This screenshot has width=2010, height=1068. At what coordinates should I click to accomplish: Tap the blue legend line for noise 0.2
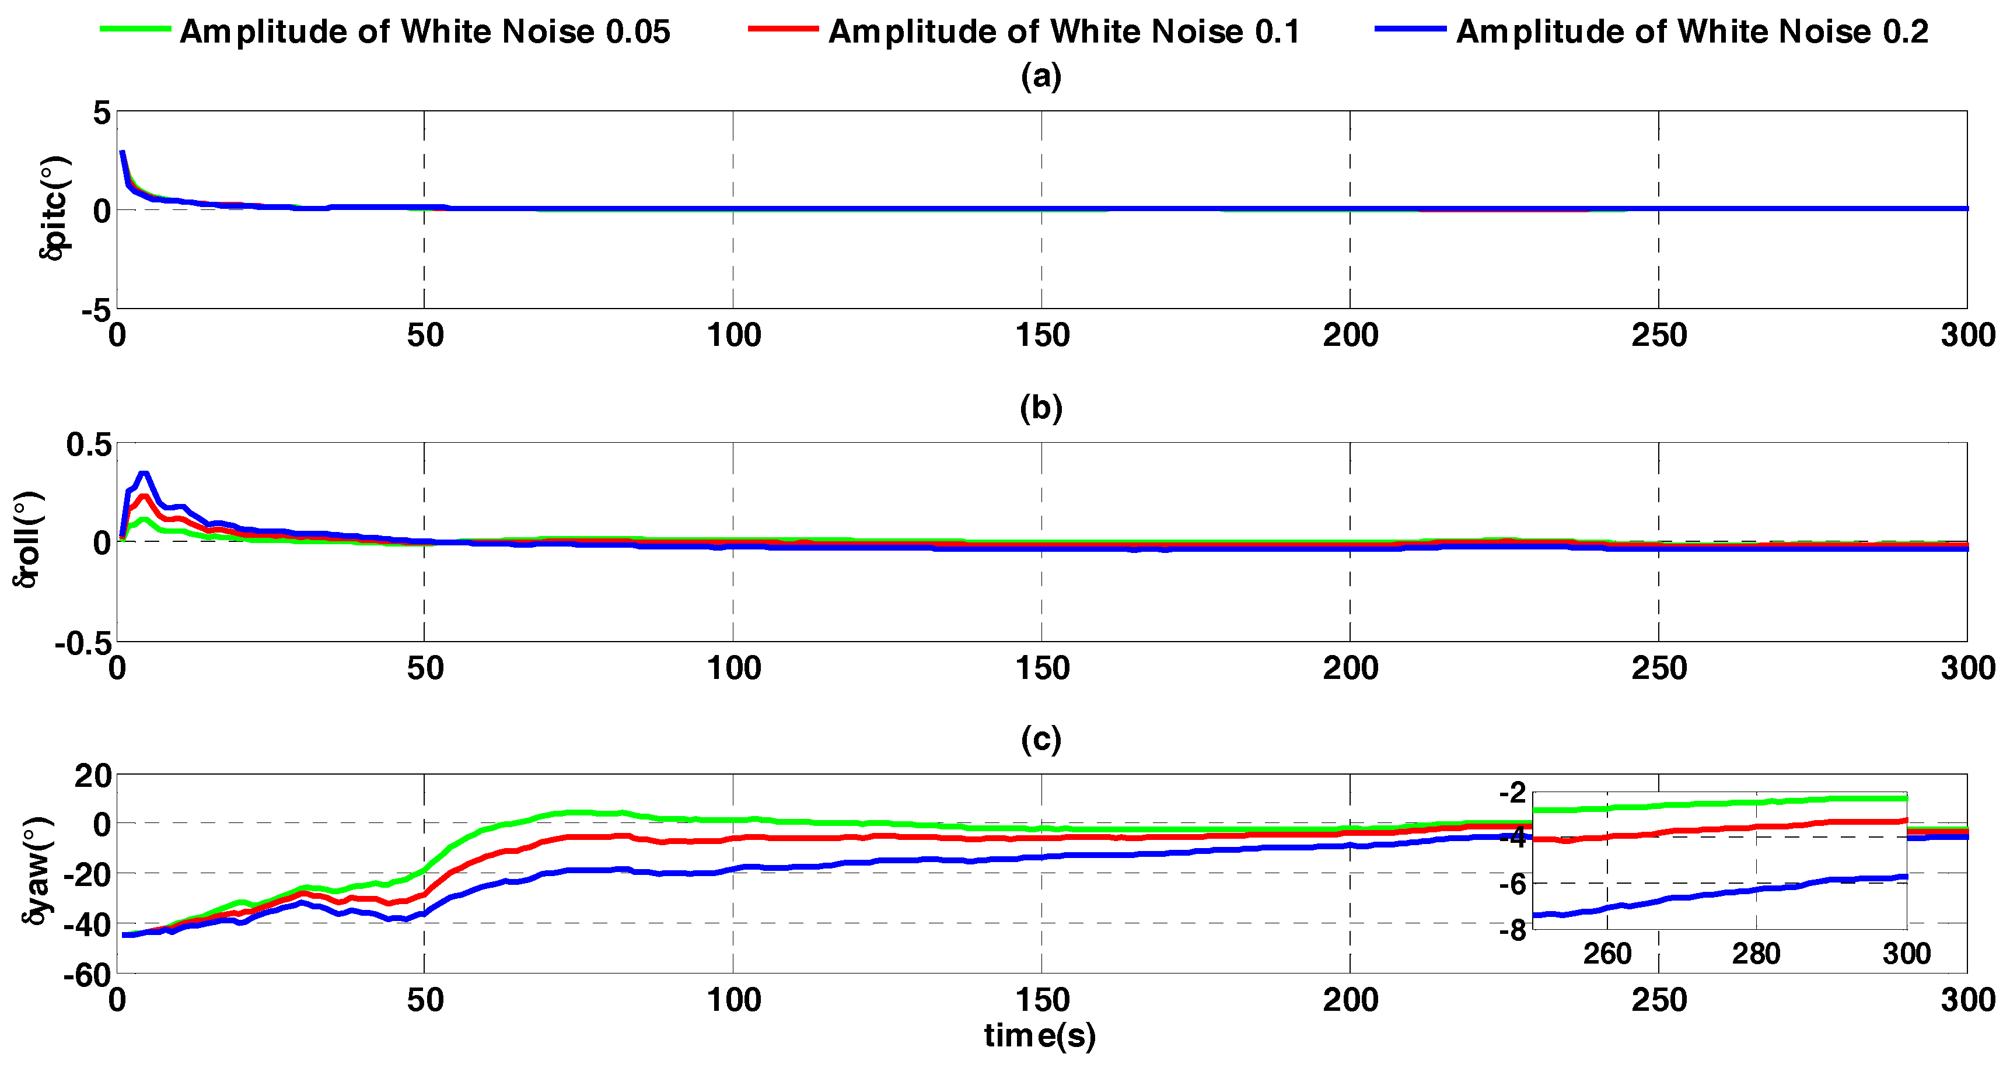point(1410,29)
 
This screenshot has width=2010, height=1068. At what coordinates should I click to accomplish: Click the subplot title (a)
point(1041,76)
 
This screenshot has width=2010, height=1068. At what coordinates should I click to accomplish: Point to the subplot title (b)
point(1041,408)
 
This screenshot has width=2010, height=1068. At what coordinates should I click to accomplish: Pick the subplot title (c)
point(1041,739)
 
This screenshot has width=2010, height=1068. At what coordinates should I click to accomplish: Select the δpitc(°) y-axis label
point(55,208)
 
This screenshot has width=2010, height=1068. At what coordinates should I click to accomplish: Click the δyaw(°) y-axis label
point(37,871)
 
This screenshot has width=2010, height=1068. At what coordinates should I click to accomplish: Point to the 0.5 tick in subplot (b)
point(88,444)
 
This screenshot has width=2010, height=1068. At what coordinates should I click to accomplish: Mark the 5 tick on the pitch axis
point(102,113)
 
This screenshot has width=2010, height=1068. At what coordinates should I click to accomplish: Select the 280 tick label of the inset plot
point(1756,953)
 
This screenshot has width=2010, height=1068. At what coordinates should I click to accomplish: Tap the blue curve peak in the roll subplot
point(143,474)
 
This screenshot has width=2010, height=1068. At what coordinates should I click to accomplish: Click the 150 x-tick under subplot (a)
point(1041,336)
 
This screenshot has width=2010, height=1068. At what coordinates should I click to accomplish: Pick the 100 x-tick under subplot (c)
point(733,1000)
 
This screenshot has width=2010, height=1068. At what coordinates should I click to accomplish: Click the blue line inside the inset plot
point(1717,892)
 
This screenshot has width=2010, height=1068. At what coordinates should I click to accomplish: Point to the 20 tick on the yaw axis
point(93,776)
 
